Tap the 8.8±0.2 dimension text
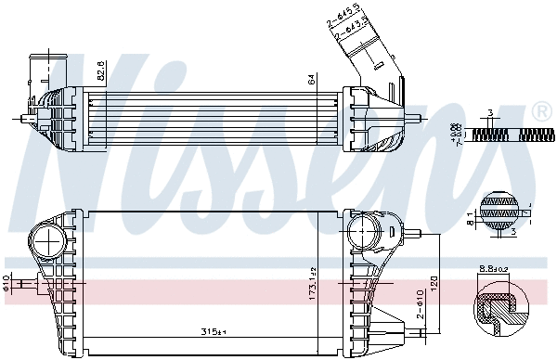[x=492, y=270]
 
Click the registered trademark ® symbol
[x=541, y=112]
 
